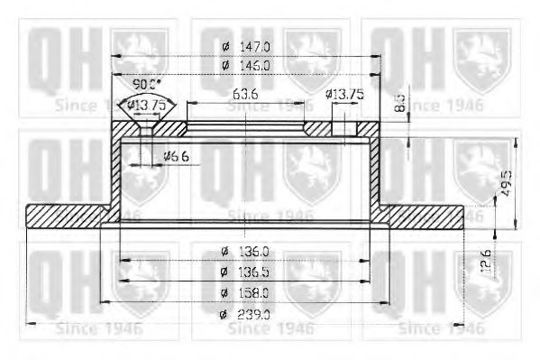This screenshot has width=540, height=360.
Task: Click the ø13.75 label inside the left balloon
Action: tap(144, 105)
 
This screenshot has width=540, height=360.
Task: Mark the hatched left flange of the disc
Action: tap(69, 217)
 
